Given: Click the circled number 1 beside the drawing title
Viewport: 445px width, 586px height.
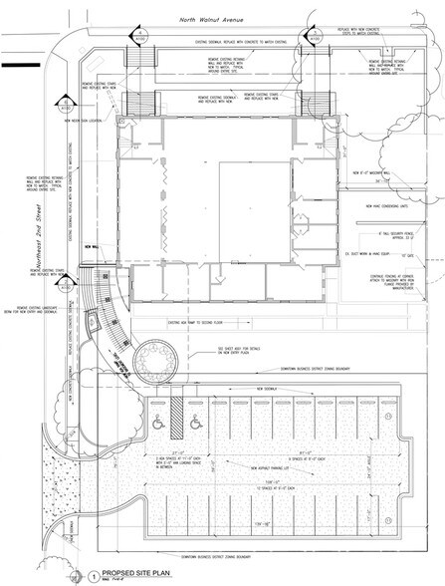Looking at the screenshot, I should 92,574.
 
